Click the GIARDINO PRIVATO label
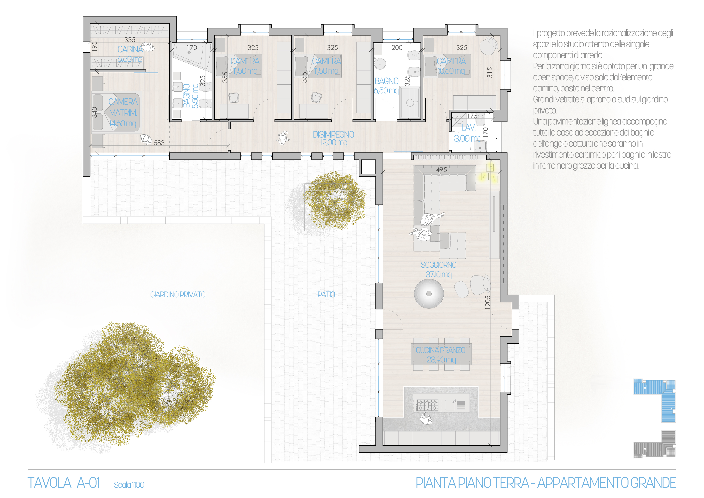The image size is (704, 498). coord(178,295)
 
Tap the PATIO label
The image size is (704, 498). coord(326,295)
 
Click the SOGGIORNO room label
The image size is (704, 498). coord(438,265)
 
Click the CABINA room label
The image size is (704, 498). coord(130,49)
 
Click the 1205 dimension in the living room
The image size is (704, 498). coord(488,302)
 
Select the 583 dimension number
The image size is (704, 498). coord(159,143)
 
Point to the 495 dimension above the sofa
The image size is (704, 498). coord(442,169)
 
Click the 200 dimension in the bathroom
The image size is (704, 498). coord(397,48)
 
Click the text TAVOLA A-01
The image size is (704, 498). coord(64,483)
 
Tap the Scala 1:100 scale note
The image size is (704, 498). coord(129,485)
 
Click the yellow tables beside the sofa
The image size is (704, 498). coord(489,173)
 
